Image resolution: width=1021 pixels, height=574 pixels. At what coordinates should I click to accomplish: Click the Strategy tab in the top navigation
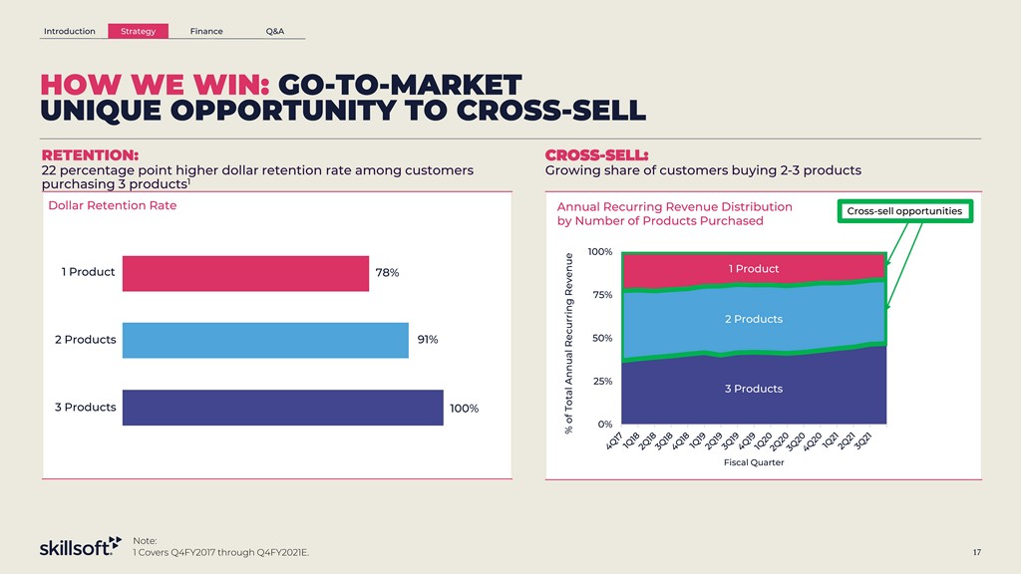pos(138,31)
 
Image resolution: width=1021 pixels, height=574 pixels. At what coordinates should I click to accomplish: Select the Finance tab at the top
pos(206,31)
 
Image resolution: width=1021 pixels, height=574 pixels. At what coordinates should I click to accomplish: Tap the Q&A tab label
pos(275,31)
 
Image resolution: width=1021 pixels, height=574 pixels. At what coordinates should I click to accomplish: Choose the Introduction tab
pos(70,31)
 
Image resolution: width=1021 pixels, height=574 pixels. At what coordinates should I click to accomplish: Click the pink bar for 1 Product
pos(244,273)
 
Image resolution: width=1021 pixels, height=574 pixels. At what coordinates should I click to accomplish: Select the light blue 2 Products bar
pos(264,340)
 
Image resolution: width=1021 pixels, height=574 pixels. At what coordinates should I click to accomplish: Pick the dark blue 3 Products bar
pos(282,408)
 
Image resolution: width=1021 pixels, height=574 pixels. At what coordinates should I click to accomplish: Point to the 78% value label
pos(387,273)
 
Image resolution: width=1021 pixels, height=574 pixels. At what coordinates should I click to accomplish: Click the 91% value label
pos(427,340)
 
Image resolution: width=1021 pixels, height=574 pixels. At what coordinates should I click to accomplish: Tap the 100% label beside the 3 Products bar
pos(464,409)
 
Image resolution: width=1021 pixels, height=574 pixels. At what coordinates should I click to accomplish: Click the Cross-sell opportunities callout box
pos(904,211)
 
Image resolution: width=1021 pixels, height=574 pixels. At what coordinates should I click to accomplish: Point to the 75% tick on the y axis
pos(601,295)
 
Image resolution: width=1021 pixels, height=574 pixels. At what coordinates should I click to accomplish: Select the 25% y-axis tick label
pos(601,382)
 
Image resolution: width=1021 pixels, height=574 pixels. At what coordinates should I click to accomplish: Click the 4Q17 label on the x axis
pos(616,440)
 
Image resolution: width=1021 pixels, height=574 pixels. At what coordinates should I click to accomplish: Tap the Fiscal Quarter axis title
pos(754,462)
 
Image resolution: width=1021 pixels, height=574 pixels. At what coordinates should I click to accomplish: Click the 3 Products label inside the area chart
pos(754,389)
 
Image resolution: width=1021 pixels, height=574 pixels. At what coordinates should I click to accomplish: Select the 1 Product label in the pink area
pos(754,269)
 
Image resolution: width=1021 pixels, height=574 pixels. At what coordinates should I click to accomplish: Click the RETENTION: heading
pos(90,155)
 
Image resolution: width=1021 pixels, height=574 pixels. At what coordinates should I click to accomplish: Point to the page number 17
pos(978,552)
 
